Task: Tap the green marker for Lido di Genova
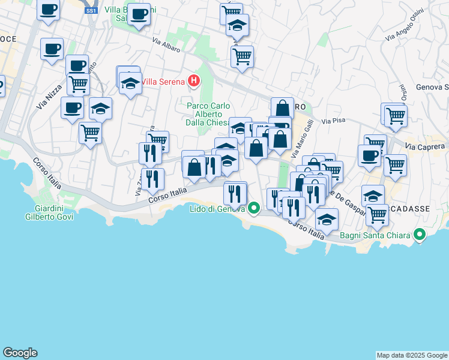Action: point(254,208)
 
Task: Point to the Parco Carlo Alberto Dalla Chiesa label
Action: point(208,114)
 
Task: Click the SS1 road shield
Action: point(91,11)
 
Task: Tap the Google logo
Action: point(20,353)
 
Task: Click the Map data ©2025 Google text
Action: point(412,355)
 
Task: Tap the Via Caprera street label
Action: point(426,146)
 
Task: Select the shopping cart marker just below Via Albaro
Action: point(241,56)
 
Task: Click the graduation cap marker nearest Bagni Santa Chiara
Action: point(327,220)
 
